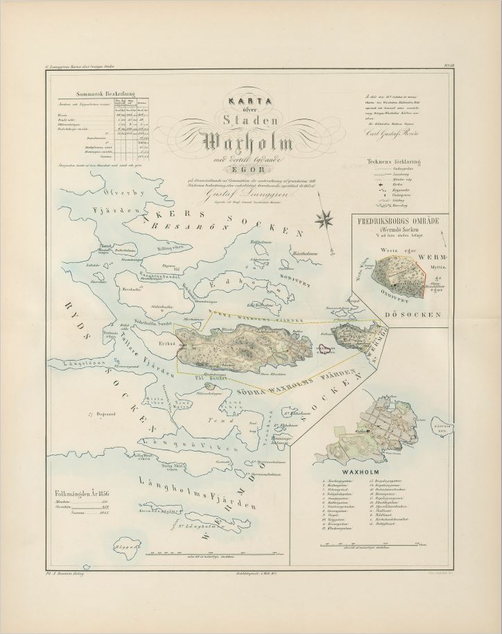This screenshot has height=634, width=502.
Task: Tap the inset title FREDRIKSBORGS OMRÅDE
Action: pos(397,223)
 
